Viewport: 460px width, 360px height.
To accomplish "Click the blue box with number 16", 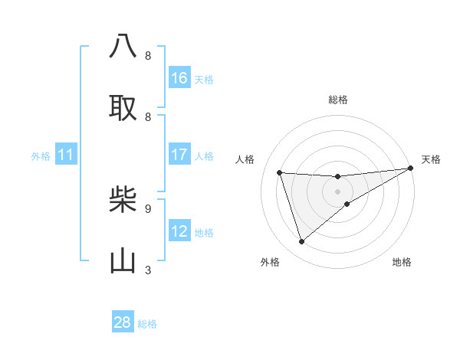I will click(179, 78).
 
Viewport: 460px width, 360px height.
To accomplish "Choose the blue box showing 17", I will click(179, 155).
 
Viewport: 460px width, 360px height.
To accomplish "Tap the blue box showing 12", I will click(179, 231).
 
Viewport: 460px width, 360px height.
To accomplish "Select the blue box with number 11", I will click(66, 155).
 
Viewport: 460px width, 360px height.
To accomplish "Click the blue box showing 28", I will click(123, 322).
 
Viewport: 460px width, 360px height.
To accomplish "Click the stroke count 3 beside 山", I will click(148, 270).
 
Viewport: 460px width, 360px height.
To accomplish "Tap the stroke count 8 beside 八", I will click(148, 56).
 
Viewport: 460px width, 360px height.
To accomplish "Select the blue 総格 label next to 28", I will click(147, 324).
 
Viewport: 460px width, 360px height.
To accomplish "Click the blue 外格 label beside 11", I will click(41, 156).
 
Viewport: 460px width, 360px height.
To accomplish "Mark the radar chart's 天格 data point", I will click(410, 169).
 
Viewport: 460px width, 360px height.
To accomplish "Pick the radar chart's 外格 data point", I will click(301, 241).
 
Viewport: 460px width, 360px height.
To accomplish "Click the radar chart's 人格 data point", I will click(280, 172).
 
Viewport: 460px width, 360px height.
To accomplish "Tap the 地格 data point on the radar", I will click(347, 204).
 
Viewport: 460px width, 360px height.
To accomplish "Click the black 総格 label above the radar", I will click(338, 100).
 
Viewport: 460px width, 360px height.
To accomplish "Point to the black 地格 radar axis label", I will click(402, 262).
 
